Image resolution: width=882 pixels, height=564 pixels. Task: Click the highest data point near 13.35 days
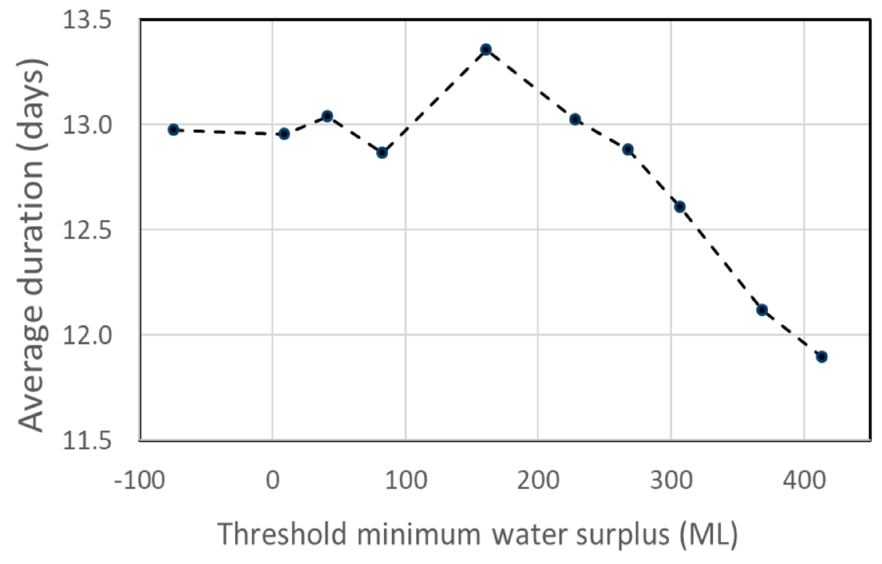click(486, 49)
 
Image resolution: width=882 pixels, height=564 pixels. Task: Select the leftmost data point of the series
click(173, 130)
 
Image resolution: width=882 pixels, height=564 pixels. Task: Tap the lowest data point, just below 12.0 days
click(822, 357)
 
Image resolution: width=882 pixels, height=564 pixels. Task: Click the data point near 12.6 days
click(680, 207)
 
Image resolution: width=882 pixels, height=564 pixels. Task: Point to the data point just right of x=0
click(284, 134)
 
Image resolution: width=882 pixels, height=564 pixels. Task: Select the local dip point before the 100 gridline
click(382, 153)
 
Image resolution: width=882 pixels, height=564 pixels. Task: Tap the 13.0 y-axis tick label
click(87, 125)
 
